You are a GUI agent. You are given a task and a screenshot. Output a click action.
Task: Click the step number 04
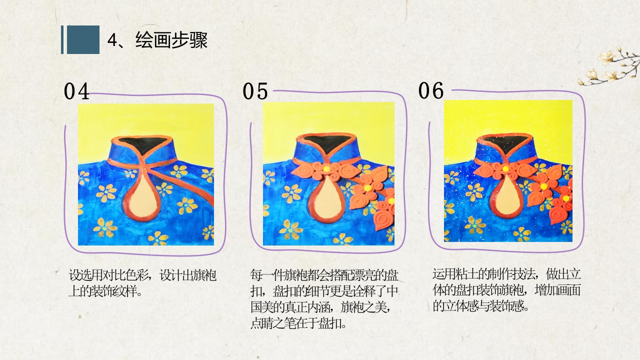point(76,92)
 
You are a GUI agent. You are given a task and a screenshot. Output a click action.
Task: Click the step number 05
point(255,92)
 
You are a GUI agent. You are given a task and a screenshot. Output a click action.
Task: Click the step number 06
point(431,91)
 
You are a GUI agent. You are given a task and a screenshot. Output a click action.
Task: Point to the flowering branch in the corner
point(608,67)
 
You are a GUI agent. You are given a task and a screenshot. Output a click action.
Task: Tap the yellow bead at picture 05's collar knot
point(326,169)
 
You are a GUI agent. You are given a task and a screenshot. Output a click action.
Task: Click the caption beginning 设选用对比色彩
point(142,283)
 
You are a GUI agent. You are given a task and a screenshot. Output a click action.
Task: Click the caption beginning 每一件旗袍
point(324,298)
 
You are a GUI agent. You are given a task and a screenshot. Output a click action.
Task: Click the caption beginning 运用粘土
point(506,289)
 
